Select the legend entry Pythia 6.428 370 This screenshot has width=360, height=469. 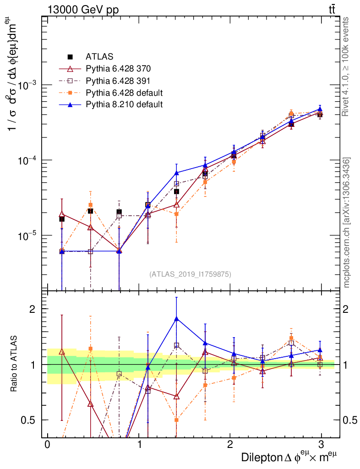[x=118, y=69]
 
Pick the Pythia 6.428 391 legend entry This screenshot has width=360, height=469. [x=118, y=81]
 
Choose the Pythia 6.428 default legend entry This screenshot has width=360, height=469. [x=124, y=93]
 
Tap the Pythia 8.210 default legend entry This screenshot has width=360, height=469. [x=124, y=104]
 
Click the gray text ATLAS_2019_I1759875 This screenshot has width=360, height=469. [x=190, y=274]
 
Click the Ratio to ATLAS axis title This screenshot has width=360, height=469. [x=15, y=364]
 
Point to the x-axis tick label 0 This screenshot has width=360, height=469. [x=47, y=445]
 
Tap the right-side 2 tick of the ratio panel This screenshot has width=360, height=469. [x=348, y=309]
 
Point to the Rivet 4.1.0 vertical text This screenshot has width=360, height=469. [x=346, y=66]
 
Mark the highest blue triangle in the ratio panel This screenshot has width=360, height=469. [x=177, y=319]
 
